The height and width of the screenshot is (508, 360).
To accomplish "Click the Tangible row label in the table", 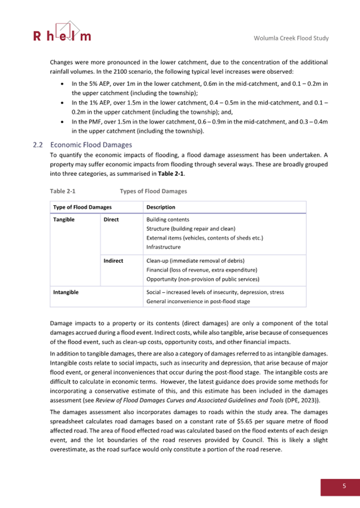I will pos(63,219).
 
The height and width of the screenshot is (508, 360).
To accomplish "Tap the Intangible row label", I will pos(66,292).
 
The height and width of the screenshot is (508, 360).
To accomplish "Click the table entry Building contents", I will pos(167,219).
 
